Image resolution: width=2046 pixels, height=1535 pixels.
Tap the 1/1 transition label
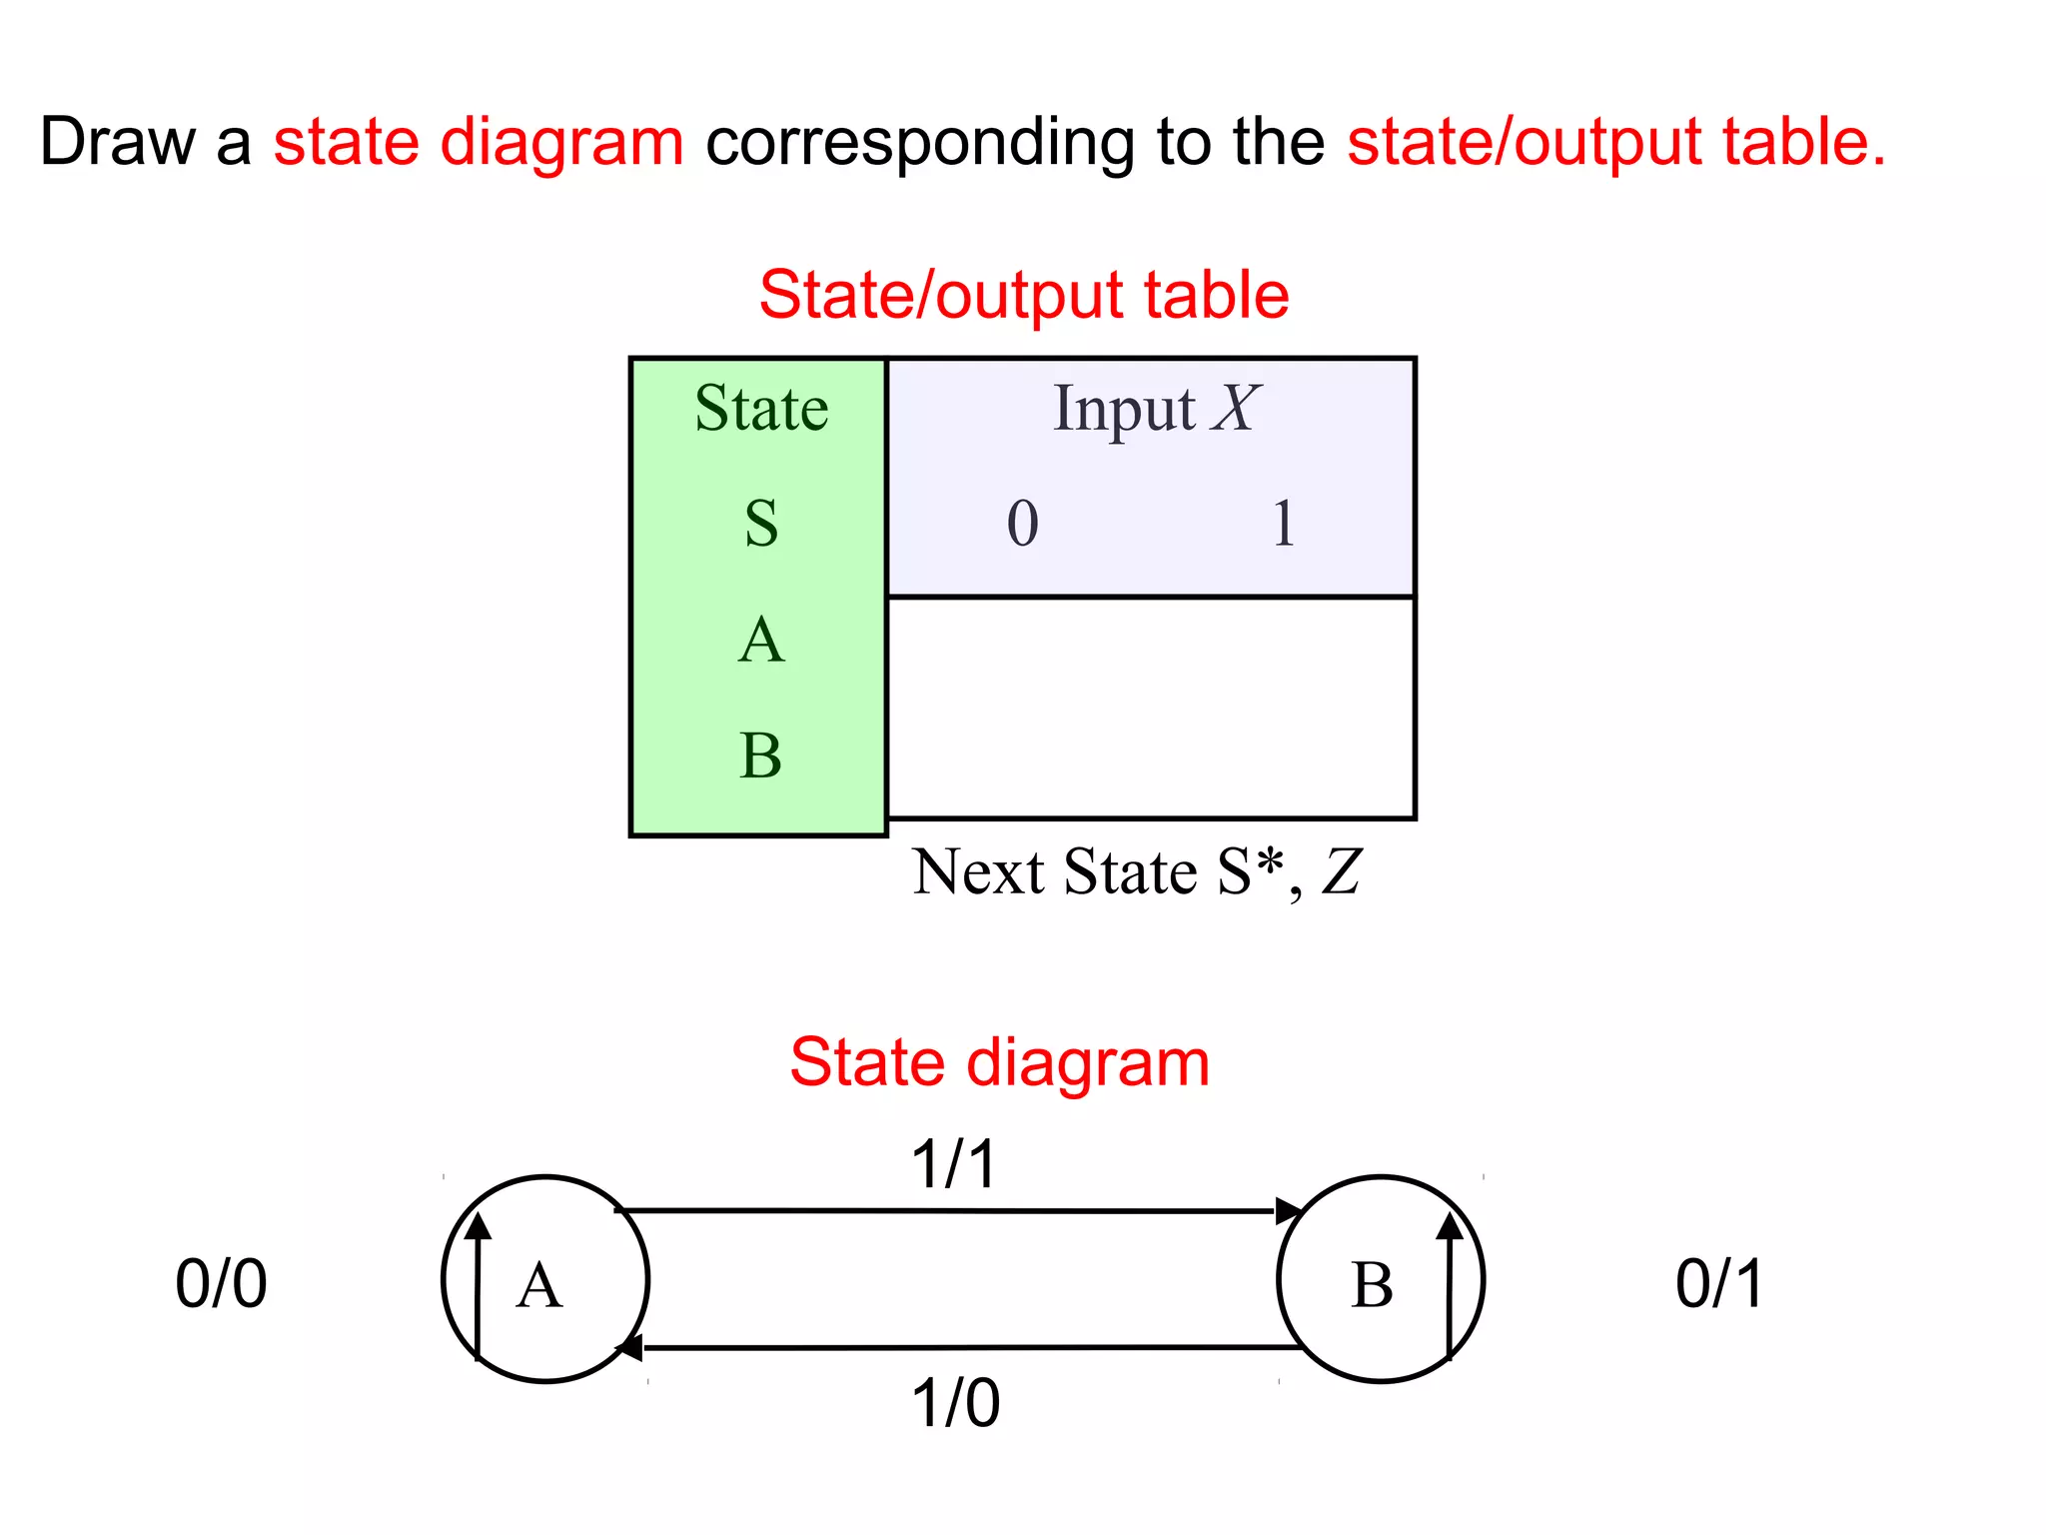click(954, 1164)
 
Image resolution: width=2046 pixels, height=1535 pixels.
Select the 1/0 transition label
click(955, 1402)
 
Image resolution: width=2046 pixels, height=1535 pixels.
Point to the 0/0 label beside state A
click(221, 1283)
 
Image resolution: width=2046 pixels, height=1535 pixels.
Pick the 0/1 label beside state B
click(1719, 1283)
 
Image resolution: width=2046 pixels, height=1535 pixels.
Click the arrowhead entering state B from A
click(1290, 1211)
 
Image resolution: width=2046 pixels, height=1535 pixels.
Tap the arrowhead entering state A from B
click(629, 1348)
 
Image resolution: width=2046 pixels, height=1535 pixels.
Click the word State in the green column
click(761, 408)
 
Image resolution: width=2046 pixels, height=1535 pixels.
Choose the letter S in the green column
click(761, 524)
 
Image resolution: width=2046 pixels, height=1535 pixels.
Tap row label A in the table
click(761, 640)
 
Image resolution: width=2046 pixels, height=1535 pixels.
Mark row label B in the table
click(761, 755)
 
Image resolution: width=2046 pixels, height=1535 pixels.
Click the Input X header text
click(1155, 408)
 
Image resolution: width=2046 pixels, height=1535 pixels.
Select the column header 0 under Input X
click(1022, 523)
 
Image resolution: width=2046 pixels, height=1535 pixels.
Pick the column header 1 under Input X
click(1284, 523)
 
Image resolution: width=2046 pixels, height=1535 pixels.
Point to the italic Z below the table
click(1341, 871)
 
